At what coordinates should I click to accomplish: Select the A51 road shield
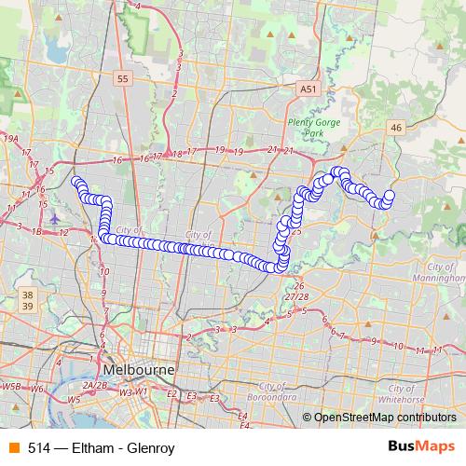click(x=308, y=89)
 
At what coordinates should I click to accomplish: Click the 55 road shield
click(x=124, y=80)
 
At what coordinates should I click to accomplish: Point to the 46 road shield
click(x=396, y=128)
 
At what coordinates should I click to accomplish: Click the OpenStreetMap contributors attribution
click(x=384, y=418)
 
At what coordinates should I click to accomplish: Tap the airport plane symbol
click(x=54, y=218)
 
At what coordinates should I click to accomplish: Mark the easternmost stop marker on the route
click(x=390, y=196)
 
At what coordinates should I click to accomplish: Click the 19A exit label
click(x=11, y=138)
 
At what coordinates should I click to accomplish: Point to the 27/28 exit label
click(x=297, y=295)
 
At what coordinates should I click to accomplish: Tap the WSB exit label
click(x=11, y=385)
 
